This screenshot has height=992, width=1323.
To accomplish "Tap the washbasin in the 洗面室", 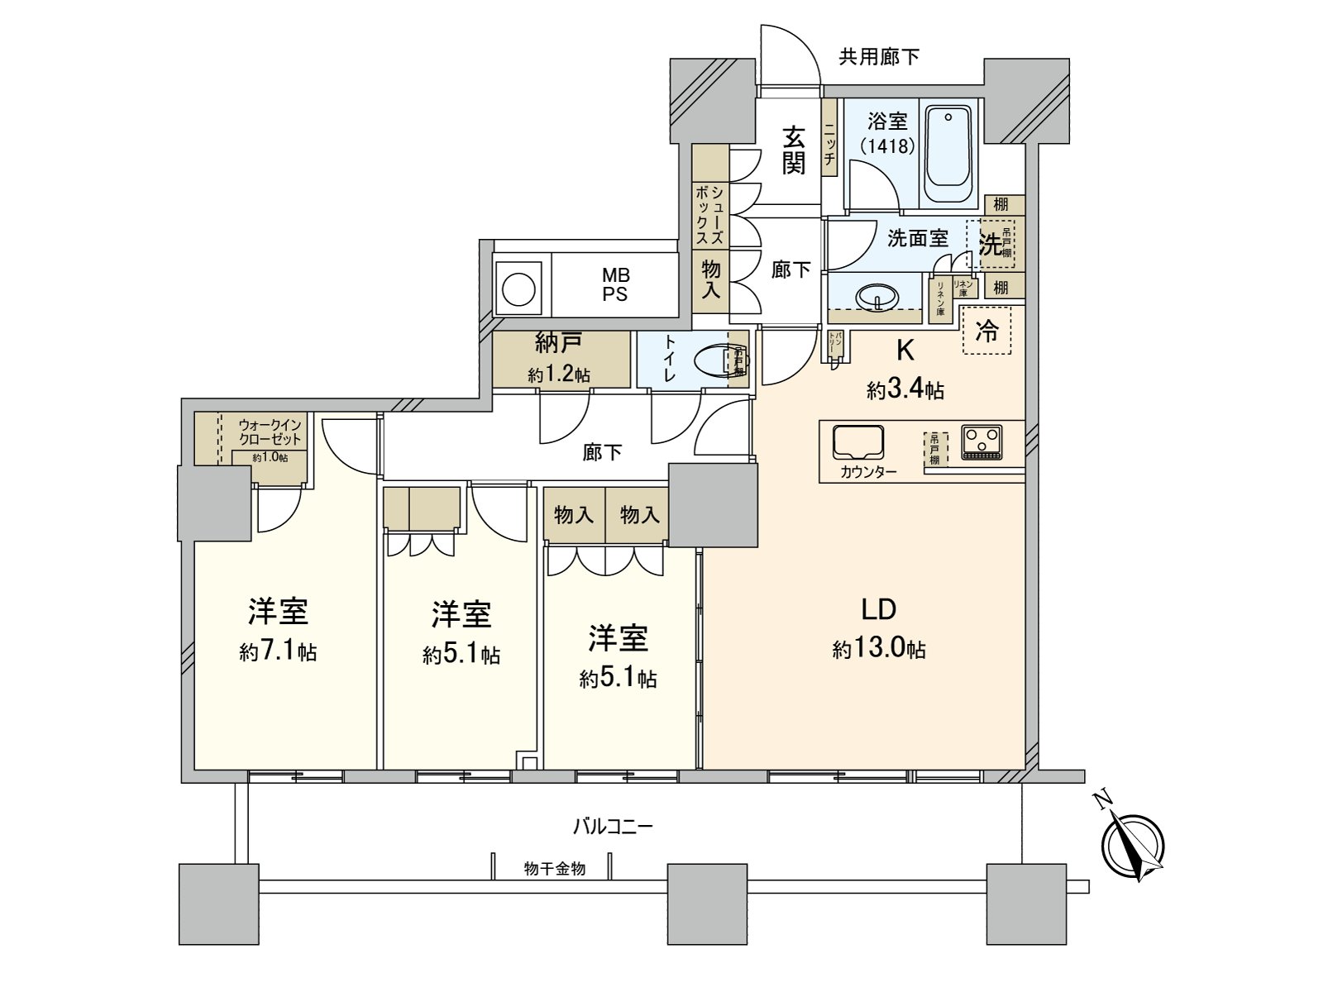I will click(x=876, y=297).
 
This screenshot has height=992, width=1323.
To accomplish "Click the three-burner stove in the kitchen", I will click(x=982, y=441).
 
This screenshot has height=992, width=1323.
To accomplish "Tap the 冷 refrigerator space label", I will click(x=986, y=331).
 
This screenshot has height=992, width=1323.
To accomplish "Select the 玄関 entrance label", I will click(x=794, y=150).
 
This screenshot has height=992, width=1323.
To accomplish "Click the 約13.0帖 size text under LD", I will click(x=878, y=650).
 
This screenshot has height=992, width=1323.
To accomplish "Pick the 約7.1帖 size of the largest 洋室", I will click(x=278, y=652).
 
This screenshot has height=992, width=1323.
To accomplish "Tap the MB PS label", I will click(x=614, y=284).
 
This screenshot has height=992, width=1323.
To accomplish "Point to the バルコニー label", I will click(x=613, y=825).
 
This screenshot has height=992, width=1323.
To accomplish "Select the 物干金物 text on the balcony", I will click(x=555, y=869).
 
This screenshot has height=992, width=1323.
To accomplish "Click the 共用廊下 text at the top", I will click(x=878, y=56).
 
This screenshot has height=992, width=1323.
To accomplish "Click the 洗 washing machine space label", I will click(x=989, y=244).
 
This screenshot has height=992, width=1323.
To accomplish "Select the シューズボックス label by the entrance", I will click(x=710, y=212).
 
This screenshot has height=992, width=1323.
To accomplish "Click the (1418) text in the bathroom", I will click(x=887, y=146).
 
